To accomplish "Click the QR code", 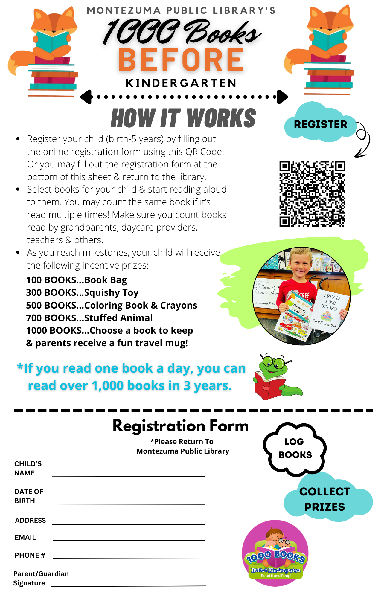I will coord(312,194).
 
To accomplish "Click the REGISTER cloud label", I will coord(320,124).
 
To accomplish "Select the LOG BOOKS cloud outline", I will coord(295,448).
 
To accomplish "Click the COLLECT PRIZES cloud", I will coord(325,499).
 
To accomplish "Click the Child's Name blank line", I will coord(129,475).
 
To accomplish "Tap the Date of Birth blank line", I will coord(129,504).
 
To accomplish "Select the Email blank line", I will coord(129,540).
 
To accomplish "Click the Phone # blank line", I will coord(129,558).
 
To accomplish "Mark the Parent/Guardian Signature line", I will coord(129,585).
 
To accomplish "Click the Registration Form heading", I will coord(181,426).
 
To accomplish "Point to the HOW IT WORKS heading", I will coord(183,118).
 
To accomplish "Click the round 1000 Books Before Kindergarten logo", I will coord(275,553).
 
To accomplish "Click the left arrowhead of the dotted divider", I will coord(87,97).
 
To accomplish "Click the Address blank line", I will coord(129,524).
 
